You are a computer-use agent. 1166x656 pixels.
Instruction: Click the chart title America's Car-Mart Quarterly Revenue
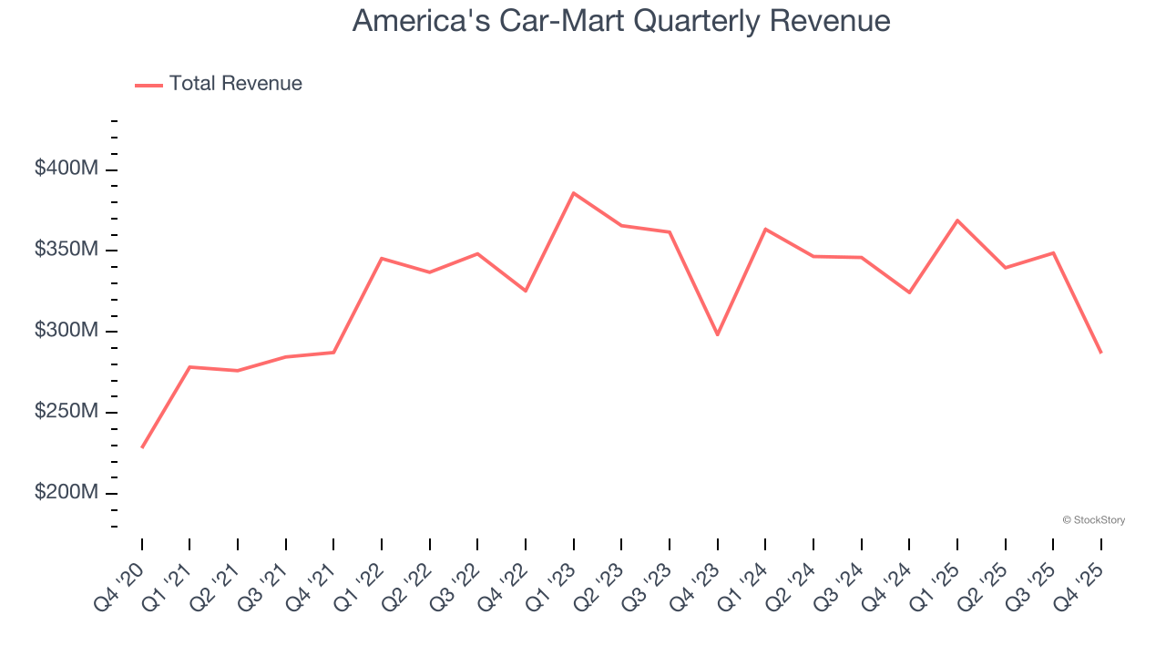pos(621,21)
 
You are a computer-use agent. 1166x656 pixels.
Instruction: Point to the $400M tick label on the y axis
pos(66,169)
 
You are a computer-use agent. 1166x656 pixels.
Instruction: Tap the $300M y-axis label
pos(66,331)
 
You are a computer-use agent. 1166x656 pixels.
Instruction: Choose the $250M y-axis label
pos(66,412)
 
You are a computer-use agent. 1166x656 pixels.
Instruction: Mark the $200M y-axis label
pos(66,493)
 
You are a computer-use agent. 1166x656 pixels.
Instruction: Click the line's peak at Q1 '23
pos(573,193)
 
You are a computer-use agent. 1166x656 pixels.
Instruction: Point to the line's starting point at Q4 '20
pos(142,447)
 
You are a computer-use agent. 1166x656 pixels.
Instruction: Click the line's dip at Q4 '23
pos(717,334)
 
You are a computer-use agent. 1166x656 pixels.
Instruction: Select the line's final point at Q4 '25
pos(1100,352)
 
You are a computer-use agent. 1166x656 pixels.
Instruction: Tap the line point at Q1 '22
pos(382,259)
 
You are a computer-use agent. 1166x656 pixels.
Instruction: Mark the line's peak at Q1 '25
pos(957,220)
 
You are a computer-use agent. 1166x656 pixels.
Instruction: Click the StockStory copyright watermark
pos(1093,520)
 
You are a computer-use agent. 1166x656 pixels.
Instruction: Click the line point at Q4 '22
pos(526,291)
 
